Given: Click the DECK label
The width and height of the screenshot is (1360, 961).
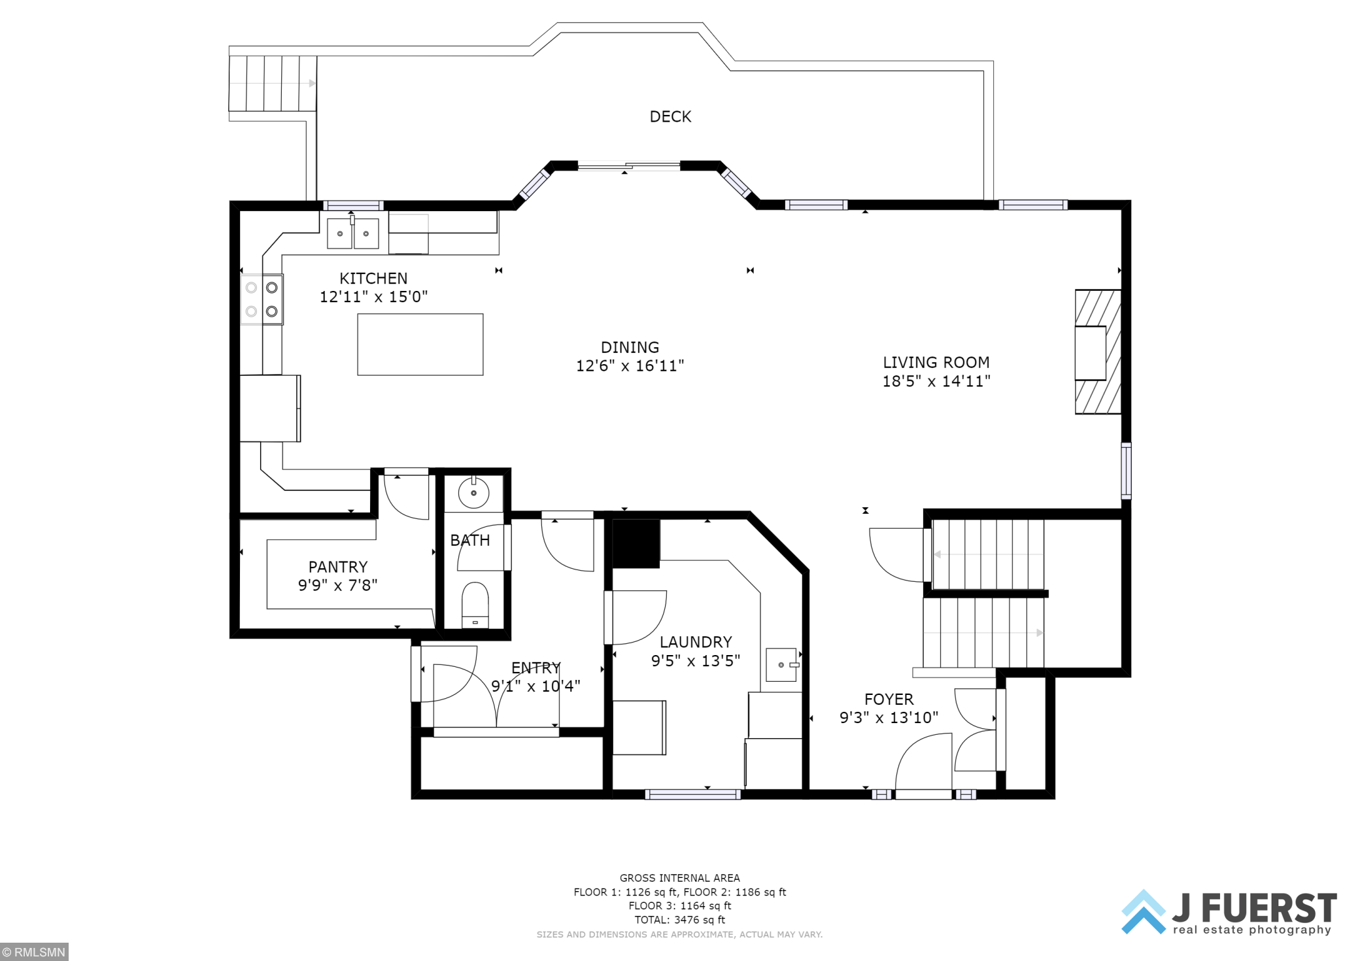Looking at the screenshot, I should [670, 116].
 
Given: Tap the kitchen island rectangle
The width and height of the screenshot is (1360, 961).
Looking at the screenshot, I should [420, 345].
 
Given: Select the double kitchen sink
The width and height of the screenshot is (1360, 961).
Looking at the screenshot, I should [352, 233].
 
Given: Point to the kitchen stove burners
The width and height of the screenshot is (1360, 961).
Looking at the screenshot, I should [262, 299].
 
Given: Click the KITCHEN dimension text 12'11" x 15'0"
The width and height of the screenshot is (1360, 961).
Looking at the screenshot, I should [373, 297].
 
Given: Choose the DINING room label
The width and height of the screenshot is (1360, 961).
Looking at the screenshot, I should [630, 347].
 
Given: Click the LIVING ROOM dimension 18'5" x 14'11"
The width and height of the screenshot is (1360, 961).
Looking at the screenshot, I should [936, 381].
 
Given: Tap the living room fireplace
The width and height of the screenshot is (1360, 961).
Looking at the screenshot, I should [1097, 352].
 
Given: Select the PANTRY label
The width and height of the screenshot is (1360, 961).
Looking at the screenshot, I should [338, 567].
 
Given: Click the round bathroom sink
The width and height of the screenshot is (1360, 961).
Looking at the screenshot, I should [473, 493].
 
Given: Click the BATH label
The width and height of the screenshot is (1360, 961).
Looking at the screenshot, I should [469, 541].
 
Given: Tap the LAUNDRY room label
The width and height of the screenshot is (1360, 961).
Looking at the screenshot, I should [696, 642].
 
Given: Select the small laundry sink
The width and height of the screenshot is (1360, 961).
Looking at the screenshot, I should [782, 665].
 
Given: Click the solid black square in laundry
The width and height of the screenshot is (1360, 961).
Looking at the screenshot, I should [636, 544].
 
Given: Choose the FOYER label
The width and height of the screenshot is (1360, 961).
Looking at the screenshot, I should [889, 700].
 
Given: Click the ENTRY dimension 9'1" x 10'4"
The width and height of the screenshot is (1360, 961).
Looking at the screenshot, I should [535, 686].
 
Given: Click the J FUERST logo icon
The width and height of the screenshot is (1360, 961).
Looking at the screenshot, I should [1144, 911].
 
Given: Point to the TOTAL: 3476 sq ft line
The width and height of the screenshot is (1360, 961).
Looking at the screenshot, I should [679, 920].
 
